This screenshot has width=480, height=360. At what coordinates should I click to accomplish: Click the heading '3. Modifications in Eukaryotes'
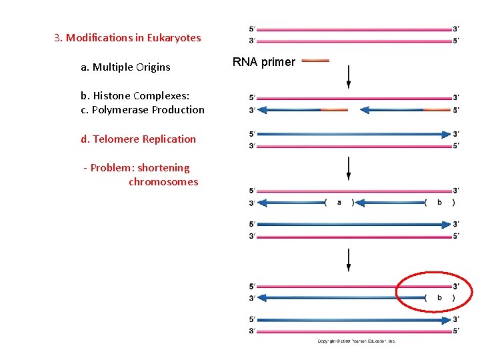(127, 38)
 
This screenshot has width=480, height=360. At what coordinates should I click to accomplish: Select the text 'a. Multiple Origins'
(125, 67)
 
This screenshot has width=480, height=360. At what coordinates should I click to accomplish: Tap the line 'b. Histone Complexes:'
(135, 96)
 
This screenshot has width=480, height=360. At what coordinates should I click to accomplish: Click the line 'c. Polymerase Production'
(143, 110)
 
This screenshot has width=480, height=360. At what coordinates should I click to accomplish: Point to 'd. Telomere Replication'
(139, 139)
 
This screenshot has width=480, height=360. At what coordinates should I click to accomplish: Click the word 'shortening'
(163, 168)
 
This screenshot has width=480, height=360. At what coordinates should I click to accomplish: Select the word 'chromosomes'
(163, 182)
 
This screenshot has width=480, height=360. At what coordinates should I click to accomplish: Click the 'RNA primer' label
(263, 62)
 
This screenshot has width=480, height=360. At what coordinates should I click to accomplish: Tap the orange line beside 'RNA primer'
(315, 61)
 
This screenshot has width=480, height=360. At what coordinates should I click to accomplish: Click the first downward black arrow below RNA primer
(348, 76)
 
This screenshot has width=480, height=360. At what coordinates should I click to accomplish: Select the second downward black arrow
(348, 168)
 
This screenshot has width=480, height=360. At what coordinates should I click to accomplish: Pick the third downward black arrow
(348, 260)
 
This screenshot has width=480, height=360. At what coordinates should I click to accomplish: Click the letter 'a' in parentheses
(339, 203)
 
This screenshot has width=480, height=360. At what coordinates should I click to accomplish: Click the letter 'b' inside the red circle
(439, 298)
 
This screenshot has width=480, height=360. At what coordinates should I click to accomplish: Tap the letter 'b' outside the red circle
(439, 203)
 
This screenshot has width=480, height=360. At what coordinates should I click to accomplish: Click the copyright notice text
(356, 341)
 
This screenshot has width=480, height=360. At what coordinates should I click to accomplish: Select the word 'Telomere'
(115, 139)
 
